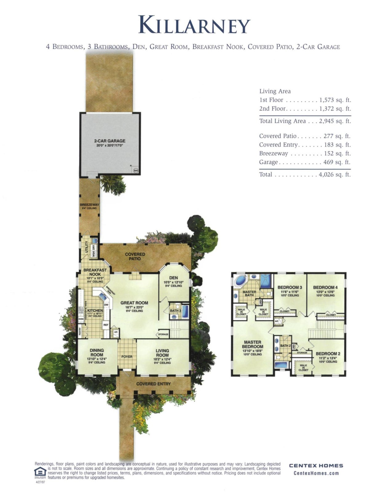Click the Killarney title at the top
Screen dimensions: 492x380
tap(194, 25)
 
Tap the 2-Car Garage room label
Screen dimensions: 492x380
tap(109, 141)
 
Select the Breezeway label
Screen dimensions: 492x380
tap(89, 205)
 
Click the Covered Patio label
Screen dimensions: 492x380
tap(135, 256)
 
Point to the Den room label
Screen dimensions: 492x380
tap(173, 278)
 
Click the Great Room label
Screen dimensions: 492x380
tap(134, 303)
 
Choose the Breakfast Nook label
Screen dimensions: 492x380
tap(95, 272)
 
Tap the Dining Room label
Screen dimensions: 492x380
tap(97, 352)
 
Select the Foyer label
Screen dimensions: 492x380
tap(127, 357)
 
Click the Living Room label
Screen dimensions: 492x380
tap(162, 353)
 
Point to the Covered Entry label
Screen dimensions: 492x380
tap(153, 384)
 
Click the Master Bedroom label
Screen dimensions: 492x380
tap(252, 344)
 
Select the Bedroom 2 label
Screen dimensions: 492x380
tap(328, 354)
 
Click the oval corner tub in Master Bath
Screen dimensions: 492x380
tap(241, 280)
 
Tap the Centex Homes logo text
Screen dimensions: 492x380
tap(316, 466)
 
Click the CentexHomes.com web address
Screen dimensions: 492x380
tap(316, 473)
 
